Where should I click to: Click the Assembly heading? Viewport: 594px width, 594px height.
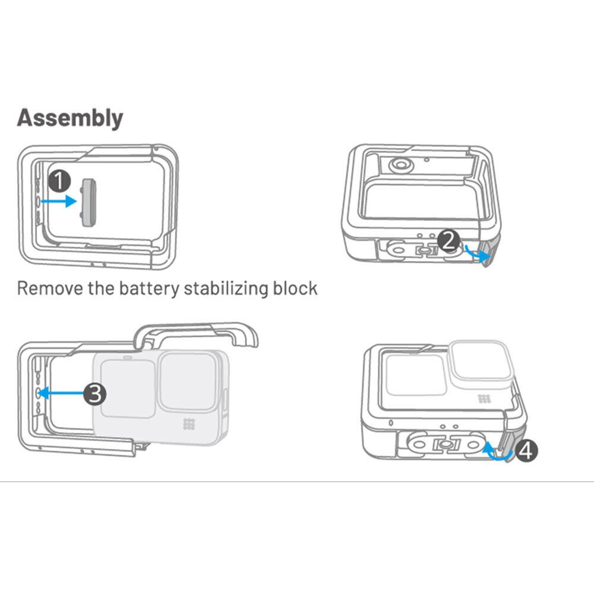[70, 118]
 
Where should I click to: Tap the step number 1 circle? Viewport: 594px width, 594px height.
[60, 181]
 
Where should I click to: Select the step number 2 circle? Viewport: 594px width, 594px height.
[448, 241]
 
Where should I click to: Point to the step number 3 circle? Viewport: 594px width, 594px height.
[94, 393]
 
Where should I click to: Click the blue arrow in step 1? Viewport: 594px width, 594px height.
[59, 201]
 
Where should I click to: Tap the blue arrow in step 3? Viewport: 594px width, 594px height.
[61, 393]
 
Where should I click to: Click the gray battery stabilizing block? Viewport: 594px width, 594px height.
[89, 203]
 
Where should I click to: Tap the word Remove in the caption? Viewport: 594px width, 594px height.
[50, 288]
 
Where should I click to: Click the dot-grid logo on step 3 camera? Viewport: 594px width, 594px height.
[189, 424]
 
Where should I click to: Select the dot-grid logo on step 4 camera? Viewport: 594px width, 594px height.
[485, 399]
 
